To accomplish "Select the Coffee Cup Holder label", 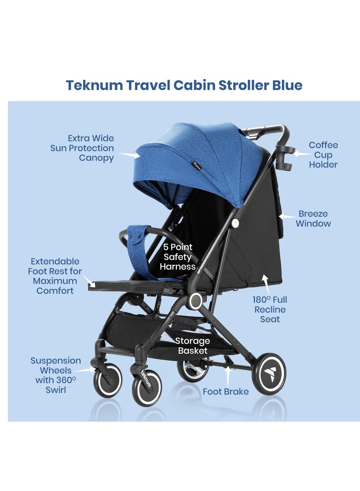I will tap(323, 155).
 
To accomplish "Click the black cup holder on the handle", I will tap(286, 158).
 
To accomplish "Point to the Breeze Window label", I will tap(313, 219).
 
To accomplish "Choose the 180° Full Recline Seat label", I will tap(270, 309).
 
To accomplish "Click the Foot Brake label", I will tap(225, 392).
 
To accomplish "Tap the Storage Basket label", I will tap(193, 346).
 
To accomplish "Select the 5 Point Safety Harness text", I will tap(178, 257).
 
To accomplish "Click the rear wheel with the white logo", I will tap(269, 373).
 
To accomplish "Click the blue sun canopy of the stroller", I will tap(211, 153).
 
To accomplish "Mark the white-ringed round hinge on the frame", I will tap(195, 301).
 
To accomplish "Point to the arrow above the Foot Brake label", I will tap(229, 373).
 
